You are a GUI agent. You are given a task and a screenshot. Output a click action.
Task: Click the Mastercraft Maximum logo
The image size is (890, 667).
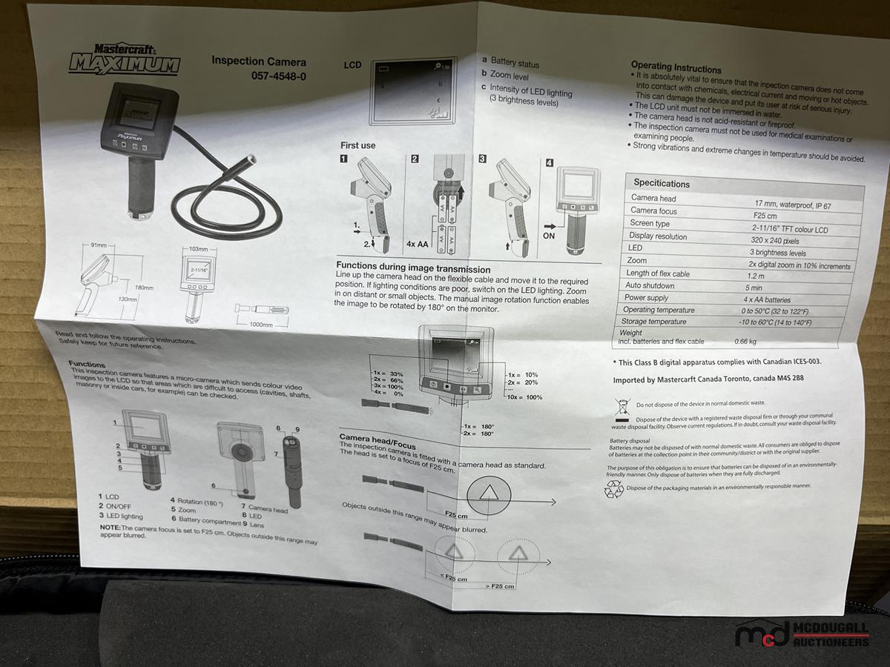coord(124,59)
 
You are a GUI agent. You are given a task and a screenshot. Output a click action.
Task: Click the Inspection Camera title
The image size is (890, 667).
coord(258,62)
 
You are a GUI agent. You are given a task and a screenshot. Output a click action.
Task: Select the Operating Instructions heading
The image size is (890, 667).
coord(676,67)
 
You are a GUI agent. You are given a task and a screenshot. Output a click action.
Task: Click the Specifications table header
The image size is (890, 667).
coord(661,183)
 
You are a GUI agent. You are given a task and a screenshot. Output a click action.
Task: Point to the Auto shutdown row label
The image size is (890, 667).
coord(650,285)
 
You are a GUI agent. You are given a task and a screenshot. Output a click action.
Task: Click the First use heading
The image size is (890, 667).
coord(357,145)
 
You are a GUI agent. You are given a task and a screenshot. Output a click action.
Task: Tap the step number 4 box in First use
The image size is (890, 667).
coord(550,162)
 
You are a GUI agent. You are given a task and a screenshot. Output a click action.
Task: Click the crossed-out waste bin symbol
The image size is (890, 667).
coord(623,405)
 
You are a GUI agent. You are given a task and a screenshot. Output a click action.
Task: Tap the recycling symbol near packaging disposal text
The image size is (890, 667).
coord(614,488)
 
